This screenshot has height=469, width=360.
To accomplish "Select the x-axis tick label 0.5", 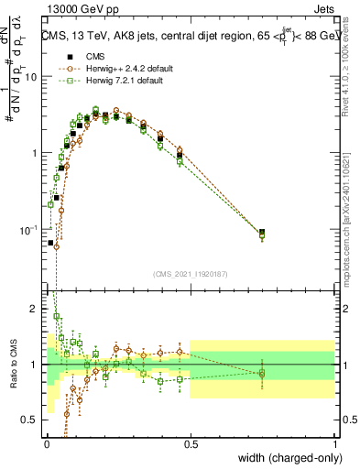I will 191,442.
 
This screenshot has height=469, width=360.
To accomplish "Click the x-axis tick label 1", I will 335,442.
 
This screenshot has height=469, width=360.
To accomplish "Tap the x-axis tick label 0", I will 47,442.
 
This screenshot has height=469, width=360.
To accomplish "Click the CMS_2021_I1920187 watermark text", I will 191,274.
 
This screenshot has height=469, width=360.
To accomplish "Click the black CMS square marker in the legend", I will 69,55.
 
